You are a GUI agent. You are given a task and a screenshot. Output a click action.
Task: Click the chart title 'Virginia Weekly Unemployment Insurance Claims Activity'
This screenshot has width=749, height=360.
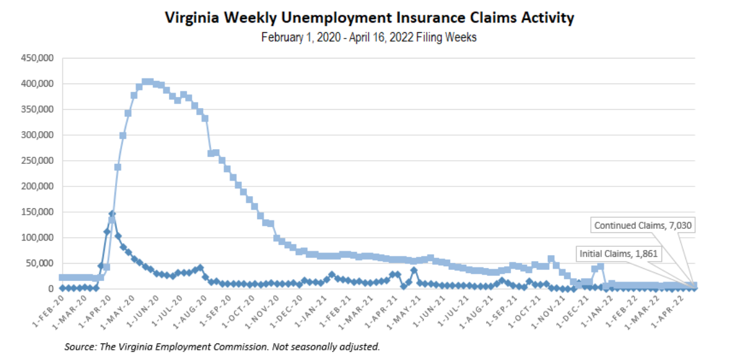coord(369,18)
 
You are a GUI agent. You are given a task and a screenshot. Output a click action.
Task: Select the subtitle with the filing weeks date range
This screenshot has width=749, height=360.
coord(369,37)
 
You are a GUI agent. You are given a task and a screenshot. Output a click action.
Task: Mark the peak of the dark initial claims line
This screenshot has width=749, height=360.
coord(112,214)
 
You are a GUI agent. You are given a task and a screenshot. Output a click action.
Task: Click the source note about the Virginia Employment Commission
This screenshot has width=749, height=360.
coord(222,347)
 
